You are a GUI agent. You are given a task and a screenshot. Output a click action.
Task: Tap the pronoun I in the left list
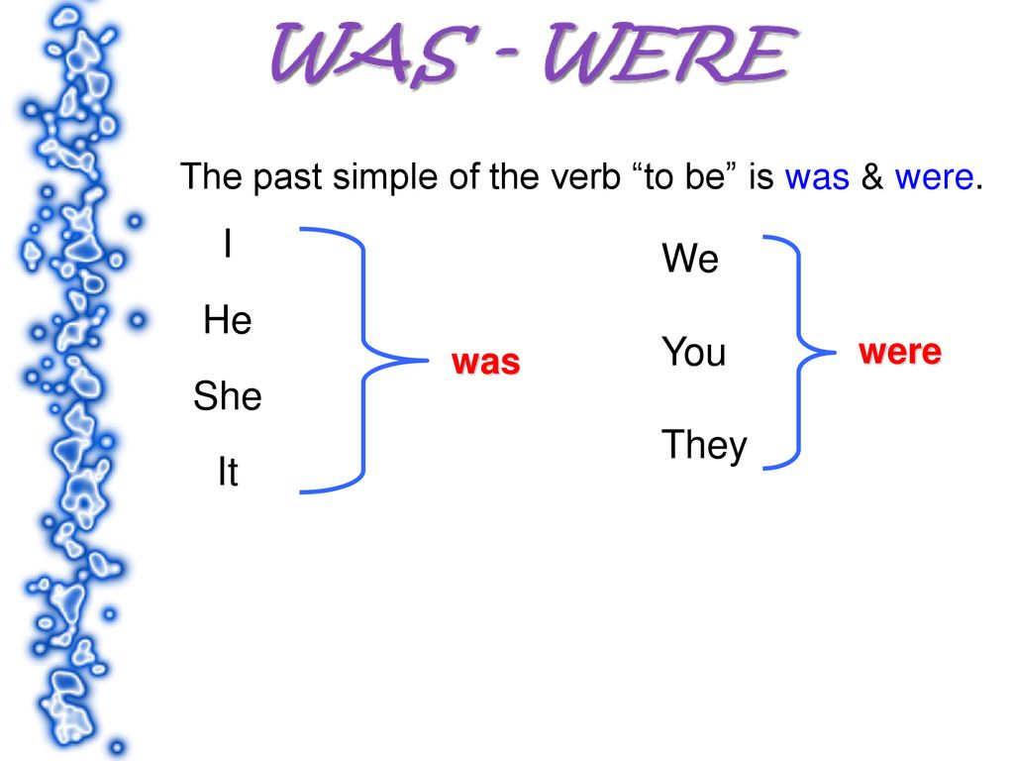coord(227,244)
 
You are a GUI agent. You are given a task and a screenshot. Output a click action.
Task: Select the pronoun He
coord(228,320)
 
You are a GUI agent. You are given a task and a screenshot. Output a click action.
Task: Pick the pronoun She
coord(228,395)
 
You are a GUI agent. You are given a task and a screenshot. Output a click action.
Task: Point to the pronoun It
coord(228,471)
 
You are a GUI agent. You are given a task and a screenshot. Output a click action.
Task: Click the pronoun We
coord(690,259)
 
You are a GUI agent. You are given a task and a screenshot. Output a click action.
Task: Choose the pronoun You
coord(694,352)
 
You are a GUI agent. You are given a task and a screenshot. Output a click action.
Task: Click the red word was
coord(485,362)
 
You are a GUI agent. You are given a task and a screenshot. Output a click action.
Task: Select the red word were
coord(899,352)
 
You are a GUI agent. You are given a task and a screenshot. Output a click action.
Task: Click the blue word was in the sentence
coord(817,177)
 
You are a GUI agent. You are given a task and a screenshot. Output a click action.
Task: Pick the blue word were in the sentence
coord(934,177)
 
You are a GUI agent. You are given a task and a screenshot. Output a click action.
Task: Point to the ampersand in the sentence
coord(871,176)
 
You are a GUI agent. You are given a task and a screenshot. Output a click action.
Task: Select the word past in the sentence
coord(287,178)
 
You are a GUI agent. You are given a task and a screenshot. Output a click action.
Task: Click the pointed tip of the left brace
coord(427,361)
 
